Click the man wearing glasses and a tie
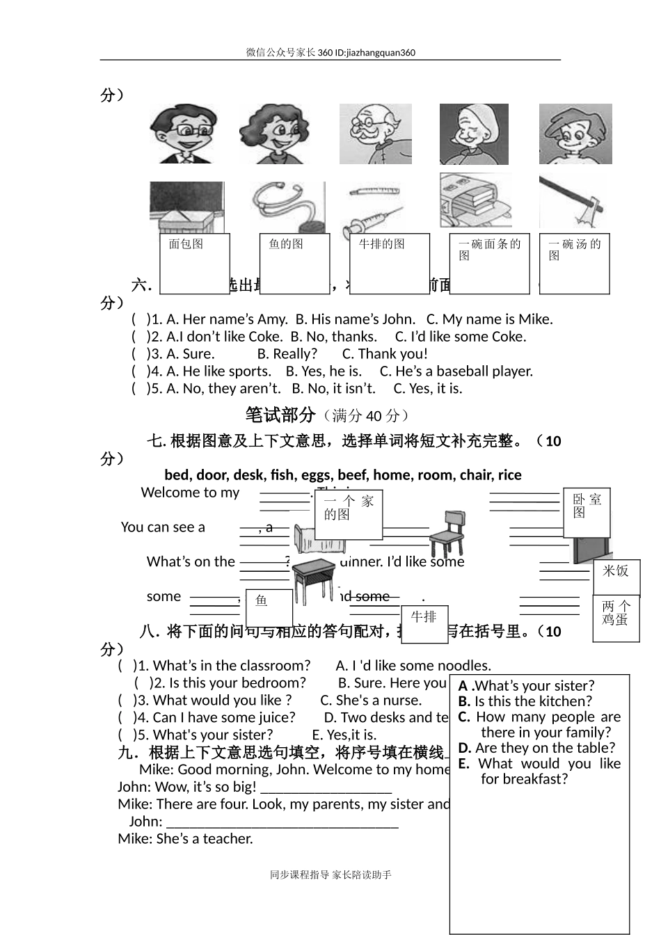(x=182, y=134)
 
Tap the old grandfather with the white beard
(x=375, y=134)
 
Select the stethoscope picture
(x=287, y=207)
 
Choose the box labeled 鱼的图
(x=294, y=263)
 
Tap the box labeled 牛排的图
(x=389, y=263)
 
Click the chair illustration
(x=447, y=534)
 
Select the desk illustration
(x=313, y=579)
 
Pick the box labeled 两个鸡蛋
(x=616, y=618)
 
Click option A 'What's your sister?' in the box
(x=527, y=686)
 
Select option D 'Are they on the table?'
(x=537, y=748)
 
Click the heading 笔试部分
(x=280, y=415)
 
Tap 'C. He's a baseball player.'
(x=456, y=371)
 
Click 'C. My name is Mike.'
(x=489, y=319)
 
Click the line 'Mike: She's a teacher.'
(x=185, y=838)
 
